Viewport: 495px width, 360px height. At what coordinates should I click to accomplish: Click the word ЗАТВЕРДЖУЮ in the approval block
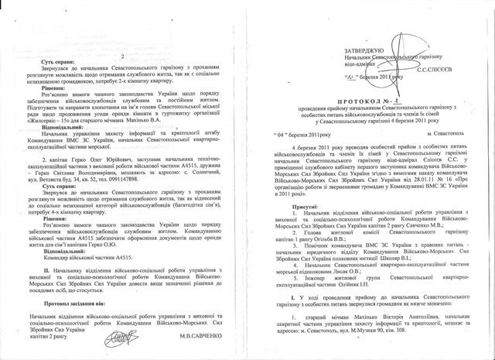click(367, 50)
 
